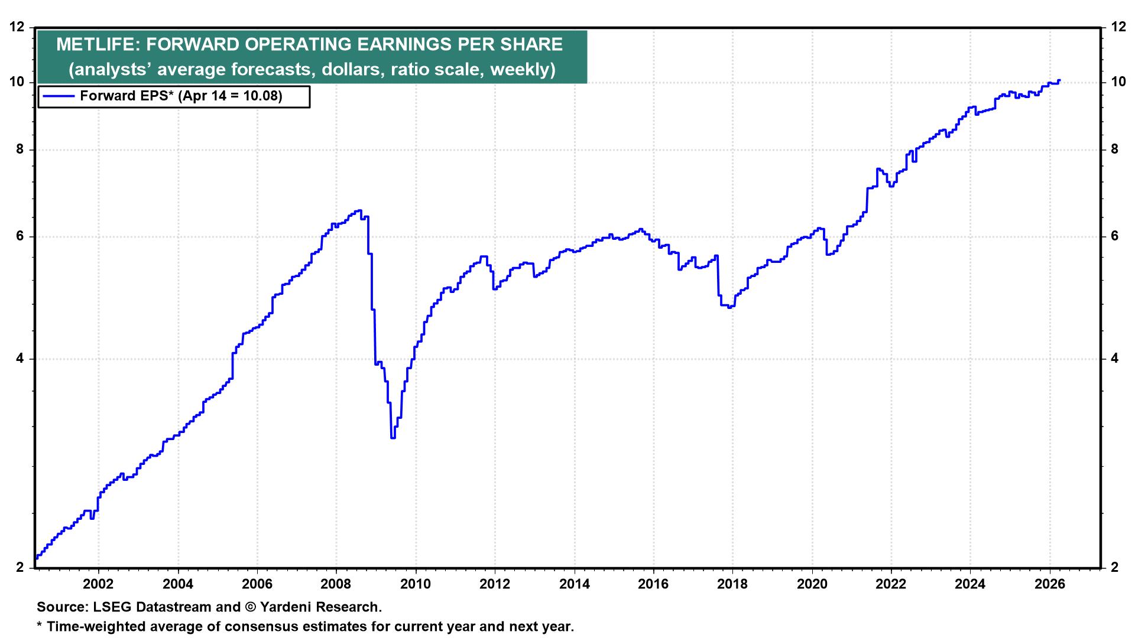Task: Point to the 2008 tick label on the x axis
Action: (x=336, y=584)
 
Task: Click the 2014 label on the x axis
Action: (x=574, y=584)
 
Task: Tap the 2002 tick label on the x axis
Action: (x=98, y=584)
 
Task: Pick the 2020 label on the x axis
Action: (x=812, y=584)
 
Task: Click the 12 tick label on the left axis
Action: (x=18, y=27)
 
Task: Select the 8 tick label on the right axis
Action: (x=1115, y=149)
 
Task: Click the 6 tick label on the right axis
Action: (x=1115, y=236)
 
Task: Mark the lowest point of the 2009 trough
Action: (x=393, y=437)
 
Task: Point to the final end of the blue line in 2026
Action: (x=1059, y=80)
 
